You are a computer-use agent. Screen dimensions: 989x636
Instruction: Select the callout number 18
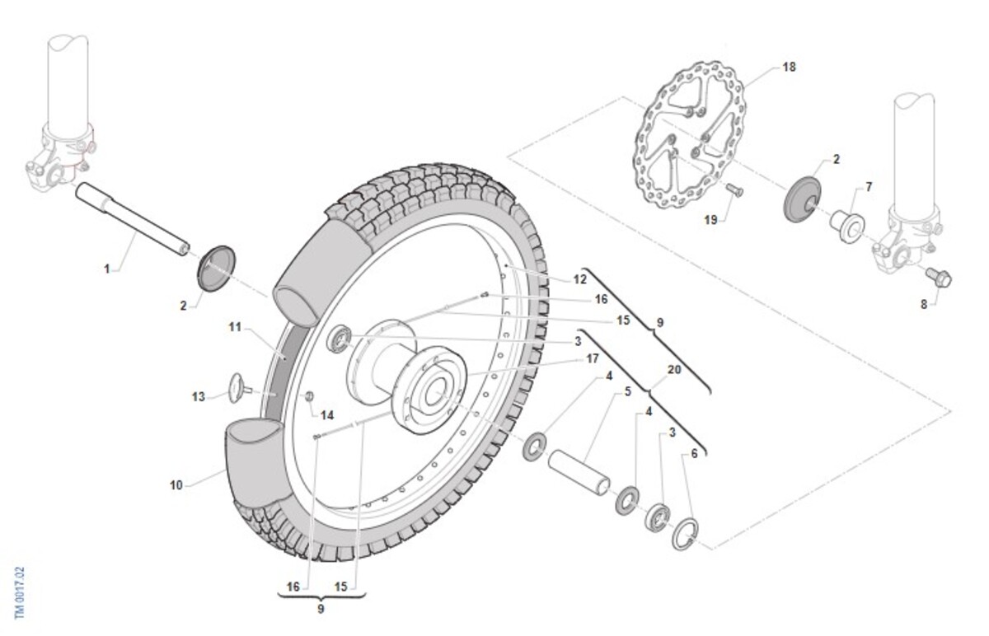[789, 67]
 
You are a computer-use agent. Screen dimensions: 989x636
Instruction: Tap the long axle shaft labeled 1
[133, 218]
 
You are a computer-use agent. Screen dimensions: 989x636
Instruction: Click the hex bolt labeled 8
[938, 278]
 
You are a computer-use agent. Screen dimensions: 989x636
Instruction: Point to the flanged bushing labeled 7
[847, 227]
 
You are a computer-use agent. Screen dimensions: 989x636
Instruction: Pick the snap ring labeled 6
[685, 534]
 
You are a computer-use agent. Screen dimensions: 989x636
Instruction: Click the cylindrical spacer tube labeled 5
[579, 472]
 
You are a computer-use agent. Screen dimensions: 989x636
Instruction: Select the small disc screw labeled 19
[734, 189]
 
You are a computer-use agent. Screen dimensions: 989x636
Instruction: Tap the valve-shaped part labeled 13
[240, 388]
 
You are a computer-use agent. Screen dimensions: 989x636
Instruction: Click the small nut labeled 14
[308, 396]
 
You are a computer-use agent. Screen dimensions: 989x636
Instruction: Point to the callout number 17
[592, 359]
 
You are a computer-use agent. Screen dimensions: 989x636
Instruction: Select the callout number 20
[674, 369]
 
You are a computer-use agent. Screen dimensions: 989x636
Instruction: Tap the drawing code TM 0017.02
[20, 593]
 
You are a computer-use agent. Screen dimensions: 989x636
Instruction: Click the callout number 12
[579, 279]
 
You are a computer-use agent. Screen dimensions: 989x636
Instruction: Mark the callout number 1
[106, 269]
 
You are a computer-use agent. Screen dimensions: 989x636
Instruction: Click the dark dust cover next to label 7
[803, 199]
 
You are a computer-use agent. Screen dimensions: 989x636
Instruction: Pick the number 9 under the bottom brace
[321, 609]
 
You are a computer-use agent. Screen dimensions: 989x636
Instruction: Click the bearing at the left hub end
[339, 339]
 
